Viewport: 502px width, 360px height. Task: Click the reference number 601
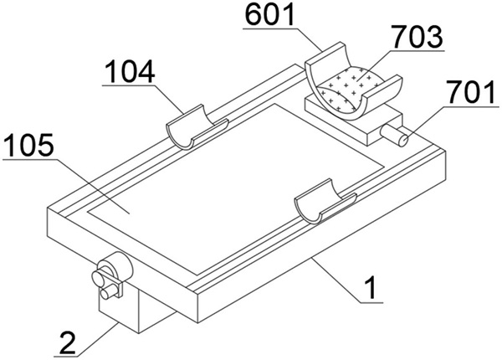tap(269, 14)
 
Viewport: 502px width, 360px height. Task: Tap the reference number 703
tap(418, 37)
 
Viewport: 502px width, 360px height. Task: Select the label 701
tap(472, 92)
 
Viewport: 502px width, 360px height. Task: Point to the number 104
tap(130, 72)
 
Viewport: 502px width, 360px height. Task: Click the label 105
tap(28, 146)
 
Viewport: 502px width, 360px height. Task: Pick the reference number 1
tap(371, 288)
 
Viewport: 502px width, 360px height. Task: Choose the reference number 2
tap(68, 342)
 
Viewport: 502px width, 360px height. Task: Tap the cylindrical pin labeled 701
tap(394, 135)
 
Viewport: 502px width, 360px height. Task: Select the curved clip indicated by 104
tap(196, 127)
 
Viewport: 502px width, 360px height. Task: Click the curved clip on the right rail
tap(325, 201)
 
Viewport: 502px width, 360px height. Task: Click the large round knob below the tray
tap(116, 265)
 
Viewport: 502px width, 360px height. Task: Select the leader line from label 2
tap(86, 340)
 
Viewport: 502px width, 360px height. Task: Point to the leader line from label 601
tap(283, 39)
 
